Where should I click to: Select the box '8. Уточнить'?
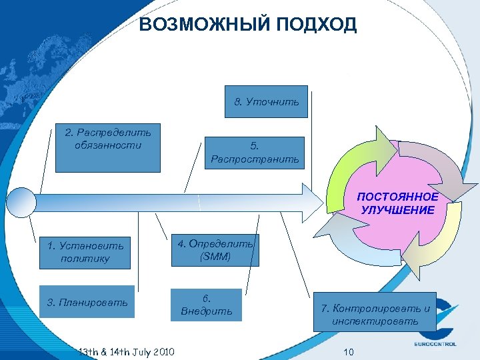pyautogui.click(x=266, y=102)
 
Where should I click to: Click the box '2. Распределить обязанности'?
pyautogui.click(x=108, y=147)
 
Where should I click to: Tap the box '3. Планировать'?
pyautogui.click(x=87, y=303)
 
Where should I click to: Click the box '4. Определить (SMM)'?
pyautogui.click(x=213, y=250)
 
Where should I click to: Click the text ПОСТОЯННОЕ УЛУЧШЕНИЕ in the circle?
pyautogui.click(x=397, y=203)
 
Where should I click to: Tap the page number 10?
pyautogui.click(x=349, y=351)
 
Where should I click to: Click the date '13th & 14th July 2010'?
pyautogui.click(x=126, y=351)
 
